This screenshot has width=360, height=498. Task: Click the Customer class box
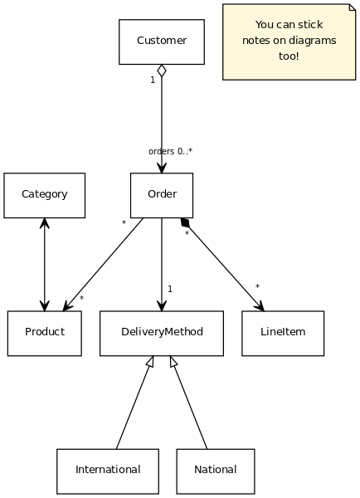[x=162, y=42]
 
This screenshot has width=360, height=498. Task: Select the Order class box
[x=162, y=195]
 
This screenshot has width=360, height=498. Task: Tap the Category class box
[x=45, y=195]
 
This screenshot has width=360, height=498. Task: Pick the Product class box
[x=45, y=333]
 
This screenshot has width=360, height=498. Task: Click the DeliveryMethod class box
[x=162, y=333]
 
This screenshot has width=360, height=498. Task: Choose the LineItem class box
[x=283, y=333]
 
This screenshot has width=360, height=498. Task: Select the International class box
[x=108, y=471]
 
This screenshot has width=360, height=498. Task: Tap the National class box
[x=216, y=471]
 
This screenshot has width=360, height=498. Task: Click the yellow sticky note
[x=289, y=42]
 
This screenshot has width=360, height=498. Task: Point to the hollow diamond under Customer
[x=162, y=71]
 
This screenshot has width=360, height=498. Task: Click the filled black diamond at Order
[x=185, y=222]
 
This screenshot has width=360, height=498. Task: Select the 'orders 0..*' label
[x=171, y=151]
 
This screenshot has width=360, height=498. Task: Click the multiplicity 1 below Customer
[x=153, y=80]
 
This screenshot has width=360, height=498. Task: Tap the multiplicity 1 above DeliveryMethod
[x=170, y=289]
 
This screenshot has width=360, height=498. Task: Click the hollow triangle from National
[x=173, y=361]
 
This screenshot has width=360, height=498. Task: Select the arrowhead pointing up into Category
[x=45, y=223]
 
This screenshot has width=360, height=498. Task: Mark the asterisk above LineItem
[x=257, y=286]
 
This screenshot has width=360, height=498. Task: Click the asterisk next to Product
[x=81, y=298]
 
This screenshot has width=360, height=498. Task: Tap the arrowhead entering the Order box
[x=162, y=168]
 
